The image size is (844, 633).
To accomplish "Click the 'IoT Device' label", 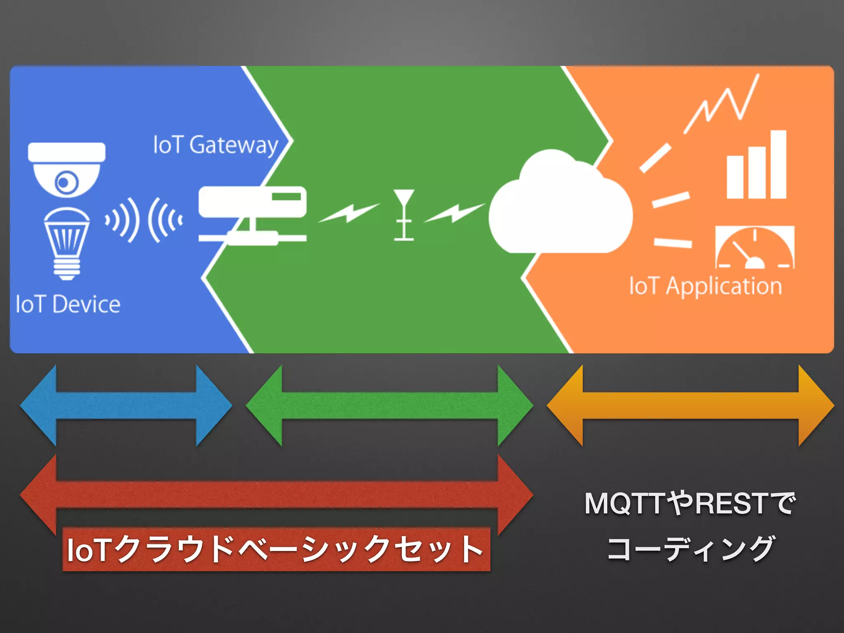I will point(68,305).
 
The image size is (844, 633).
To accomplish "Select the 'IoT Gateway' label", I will point(216,145).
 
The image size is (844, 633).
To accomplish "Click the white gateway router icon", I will point(252,214).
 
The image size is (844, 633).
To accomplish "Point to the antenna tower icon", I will point(403,214).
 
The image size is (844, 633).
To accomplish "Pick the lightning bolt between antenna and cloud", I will point(454,213).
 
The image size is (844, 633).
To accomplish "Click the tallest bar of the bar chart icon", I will point(778,165).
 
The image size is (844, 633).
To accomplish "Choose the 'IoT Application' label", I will point(705,286).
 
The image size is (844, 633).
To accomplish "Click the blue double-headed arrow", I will point(126,406).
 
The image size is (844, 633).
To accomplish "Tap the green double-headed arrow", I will point(389,406).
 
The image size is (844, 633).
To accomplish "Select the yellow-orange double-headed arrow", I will point(690,406).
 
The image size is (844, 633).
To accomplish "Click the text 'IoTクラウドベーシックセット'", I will point(275,549).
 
